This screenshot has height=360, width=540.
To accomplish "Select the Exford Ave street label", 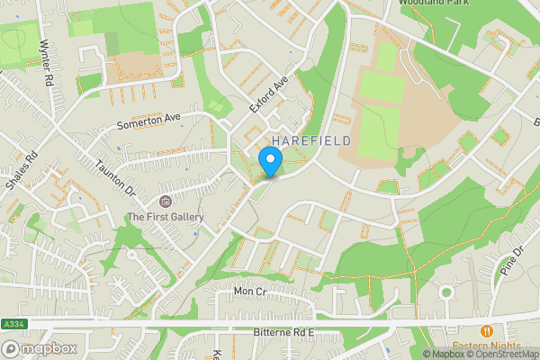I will point(268,94).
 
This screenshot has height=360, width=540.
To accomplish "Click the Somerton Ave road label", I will point(149,123).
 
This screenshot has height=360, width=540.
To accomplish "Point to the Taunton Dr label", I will point(116,178).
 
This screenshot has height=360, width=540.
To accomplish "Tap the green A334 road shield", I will point(12,324).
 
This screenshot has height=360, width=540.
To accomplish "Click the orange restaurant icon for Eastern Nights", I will point(486,331).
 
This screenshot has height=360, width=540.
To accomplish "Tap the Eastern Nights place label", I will point(486,346).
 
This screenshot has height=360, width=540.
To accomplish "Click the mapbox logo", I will point(40,348).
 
